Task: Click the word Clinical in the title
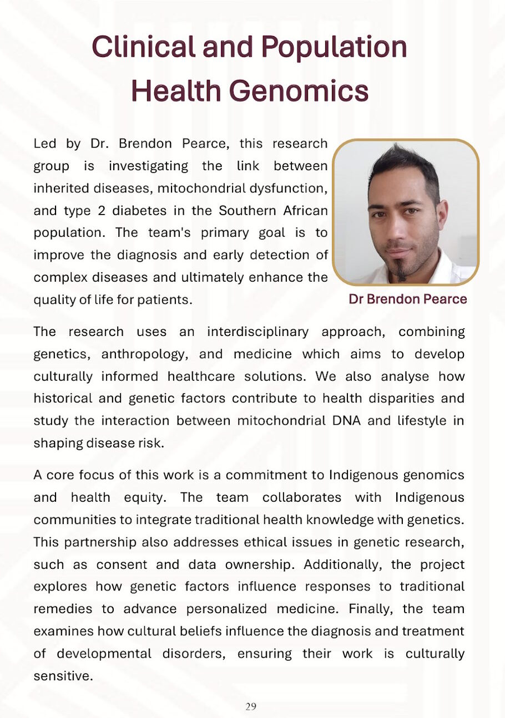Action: coord(143,47)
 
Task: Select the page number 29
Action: coord(251,706)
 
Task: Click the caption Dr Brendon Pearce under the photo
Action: coord(407,299)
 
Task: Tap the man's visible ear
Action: coord(442,214)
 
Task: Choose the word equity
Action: coord(148,497)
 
